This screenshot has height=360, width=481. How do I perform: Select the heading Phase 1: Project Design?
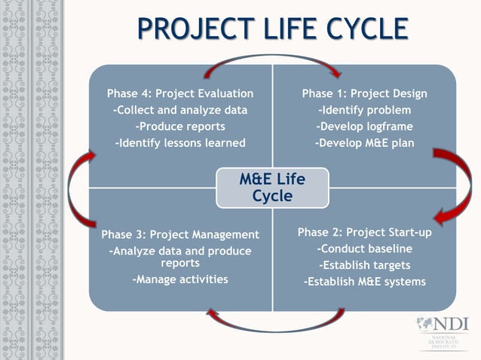coord(364,93)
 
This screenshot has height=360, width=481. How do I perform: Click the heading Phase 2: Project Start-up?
coord(364,232)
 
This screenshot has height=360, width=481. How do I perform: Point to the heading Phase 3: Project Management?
coord(180,234)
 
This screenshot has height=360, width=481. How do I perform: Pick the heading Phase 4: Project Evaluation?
coord(180,93)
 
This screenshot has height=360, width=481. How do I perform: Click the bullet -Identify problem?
coord(364,110)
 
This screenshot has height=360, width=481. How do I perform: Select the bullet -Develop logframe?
coord(364,126)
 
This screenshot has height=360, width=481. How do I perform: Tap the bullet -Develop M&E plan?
coord(364,142)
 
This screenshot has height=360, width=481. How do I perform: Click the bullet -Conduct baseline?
coord(364,249)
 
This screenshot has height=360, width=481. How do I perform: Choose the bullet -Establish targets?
coord(364,265)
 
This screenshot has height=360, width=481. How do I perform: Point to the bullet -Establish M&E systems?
coord(364,282)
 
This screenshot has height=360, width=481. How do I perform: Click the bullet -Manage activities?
coord(180,279)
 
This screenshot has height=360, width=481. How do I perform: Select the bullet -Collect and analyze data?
coord(180,110)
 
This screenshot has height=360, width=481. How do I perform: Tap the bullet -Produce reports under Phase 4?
coord(180,126)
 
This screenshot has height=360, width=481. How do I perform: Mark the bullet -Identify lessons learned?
coord(180,142)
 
